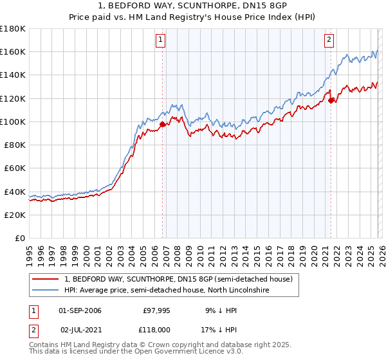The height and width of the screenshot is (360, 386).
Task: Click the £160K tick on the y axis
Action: pos(13,51)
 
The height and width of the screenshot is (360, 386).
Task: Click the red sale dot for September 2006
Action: pos(162,124)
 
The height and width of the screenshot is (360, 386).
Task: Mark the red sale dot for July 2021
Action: pos(331,100)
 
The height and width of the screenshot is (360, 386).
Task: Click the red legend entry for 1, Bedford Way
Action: pos(178,279)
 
